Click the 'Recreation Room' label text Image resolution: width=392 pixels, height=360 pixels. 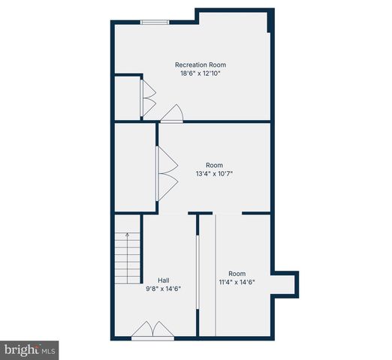point(201,64)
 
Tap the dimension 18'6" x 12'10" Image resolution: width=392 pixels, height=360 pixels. point(200,73)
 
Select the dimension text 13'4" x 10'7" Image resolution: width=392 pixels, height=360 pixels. point(215,175)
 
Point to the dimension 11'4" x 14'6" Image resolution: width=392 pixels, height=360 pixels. point(237,283)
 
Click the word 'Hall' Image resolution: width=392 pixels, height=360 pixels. point(163,280)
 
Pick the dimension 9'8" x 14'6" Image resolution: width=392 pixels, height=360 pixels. point(163,289)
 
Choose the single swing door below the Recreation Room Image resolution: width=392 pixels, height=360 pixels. point(173,114)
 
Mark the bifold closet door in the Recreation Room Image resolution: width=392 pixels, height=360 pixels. point(147,97)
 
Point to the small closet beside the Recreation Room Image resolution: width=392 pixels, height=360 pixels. point(127,97)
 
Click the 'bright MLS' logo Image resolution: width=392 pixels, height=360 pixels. point(30,349)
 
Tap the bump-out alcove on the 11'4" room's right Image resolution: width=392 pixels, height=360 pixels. point(288,283)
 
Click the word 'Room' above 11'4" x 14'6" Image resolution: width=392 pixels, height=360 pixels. point(237,274)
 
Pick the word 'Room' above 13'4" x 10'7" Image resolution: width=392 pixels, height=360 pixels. point(215,166)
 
